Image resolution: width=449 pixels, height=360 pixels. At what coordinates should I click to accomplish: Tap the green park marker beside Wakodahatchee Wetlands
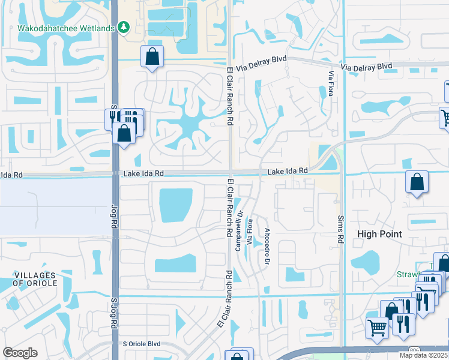(124, 27)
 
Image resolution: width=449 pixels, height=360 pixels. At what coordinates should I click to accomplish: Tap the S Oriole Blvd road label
(142, 344)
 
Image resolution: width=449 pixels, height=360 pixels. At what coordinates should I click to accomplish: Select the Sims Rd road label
(340, 230)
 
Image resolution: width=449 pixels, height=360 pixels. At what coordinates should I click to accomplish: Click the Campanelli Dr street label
(240, 222)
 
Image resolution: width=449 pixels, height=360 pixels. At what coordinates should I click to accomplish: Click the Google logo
(20, 353)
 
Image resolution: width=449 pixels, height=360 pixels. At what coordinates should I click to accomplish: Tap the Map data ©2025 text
(424, 355)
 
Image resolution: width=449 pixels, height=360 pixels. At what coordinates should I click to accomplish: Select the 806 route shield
(414, 349)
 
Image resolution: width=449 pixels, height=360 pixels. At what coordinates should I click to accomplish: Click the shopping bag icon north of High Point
(417, 182)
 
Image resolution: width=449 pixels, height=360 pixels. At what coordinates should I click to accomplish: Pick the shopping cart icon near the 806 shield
(377, 328)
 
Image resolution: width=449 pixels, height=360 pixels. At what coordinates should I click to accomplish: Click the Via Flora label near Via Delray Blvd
(330, 84)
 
